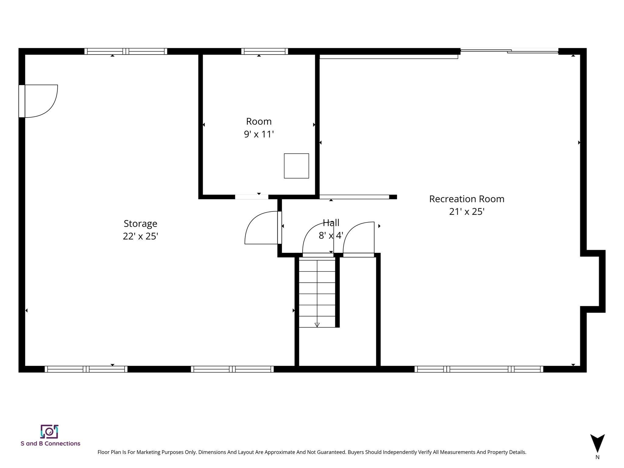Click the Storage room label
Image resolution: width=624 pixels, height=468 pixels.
140,224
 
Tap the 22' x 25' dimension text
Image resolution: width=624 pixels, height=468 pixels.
140,236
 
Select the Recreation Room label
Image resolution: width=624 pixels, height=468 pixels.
467,199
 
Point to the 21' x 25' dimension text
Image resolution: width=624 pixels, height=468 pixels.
467,211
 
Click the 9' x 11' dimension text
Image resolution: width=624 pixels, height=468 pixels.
259,134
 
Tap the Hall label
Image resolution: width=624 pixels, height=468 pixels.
331,223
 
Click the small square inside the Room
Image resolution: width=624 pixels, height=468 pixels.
296,166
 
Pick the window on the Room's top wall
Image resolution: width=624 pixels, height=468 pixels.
264,51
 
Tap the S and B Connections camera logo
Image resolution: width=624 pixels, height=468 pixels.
49,431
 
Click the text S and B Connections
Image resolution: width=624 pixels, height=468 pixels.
51,443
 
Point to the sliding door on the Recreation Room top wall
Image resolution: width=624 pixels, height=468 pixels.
509,51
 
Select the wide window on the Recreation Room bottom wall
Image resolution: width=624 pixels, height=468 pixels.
479,369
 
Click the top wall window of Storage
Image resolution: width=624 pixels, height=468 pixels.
126,51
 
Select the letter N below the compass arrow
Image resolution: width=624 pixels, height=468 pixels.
597,457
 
